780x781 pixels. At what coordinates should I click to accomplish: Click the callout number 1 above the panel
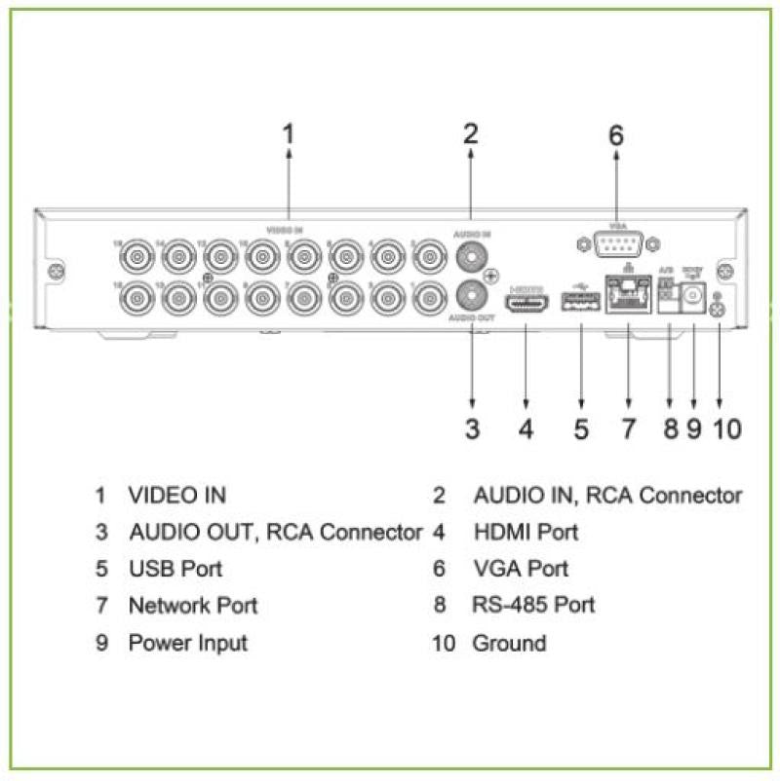pos(288,133)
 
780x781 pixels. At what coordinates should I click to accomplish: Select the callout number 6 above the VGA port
pos(615,135)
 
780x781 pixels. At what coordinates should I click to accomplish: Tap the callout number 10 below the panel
pos(728,429)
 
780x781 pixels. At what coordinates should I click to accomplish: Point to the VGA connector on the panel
pos(616,243)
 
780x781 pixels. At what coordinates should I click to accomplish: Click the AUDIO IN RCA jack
pos(472,257)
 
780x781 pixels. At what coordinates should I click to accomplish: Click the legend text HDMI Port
pos(526,532)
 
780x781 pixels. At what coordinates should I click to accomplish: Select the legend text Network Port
pos(193,605)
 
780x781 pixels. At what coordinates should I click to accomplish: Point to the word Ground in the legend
pos(509,643)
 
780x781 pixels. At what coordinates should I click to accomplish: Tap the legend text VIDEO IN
pos(176,495)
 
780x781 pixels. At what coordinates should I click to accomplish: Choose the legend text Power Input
pos(187,643)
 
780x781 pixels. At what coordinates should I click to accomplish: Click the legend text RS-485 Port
pos(533,605)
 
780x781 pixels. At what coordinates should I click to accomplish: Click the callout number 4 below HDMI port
pos(526,429)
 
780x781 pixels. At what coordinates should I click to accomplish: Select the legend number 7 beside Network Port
pos(101,605)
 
